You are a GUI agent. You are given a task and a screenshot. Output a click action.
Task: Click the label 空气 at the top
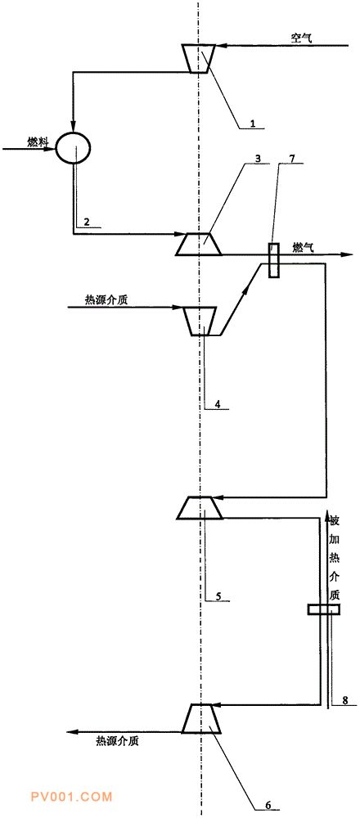click(302, 38)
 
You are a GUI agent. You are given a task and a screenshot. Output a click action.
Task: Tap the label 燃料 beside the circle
click(38, 142)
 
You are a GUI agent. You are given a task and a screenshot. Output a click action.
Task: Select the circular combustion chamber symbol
click(73, 147)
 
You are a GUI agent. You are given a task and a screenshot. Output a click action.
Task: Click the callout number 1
click(253, 124)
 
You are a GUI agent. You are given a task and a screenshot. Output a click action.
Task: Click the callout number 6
click(268, 804)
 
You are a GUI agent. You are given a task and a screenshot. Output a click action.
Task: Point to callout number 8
click(345, 701)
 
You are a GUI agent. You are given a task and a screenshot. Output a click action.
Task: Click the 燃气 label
click(304, 249)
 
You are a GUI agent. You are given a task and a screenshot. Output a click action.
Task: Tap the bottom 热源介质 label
click(117, 740)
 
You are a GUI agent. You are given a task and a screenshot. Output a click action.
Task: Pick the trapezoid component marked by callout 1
click(199, 58)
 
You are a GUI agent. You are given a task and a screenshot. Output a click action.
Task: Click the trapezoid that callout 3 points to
click(198, 244)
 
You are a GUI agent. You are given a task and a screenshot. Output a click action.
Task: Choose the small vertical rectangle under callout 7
click(274, 261)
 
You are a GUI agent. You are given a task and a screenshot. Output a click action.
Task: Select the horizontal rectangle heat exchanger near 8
click(323, 609)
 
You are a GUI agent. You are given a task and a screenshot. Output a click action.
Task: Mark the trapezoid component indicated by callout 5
click(200, 508)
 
